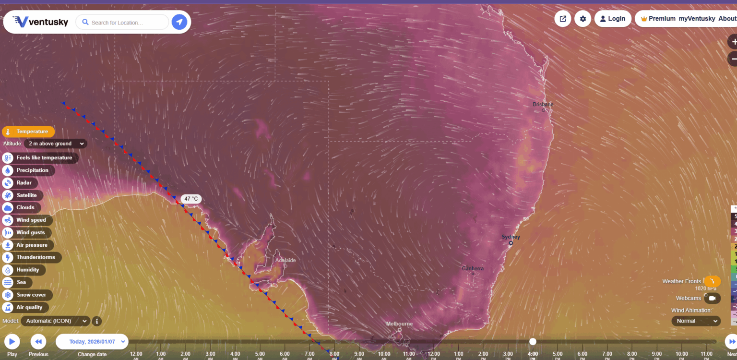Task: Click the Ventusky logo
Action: coord(40,22)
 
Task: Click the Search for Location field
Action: coord(122,22)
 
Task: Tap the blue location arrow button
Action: coord(179,22)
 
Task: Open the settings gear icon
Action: coord(583,19)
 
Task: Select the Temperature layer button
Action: coord(28,132)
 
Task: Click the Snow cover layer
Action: coord(27,295)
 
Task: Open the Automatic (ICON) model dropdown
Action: coord(55,321)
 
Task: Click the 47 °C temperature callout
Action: coord(191,199)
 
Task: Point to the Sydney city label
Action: coord(511,237)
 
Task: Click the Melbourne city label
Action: coord(399,324)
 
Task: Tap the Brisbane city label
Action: coord(543,105)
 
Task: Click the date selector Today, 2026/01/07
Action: coord(92,341)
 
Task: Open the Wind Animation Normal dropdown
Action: coord(696,321)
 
